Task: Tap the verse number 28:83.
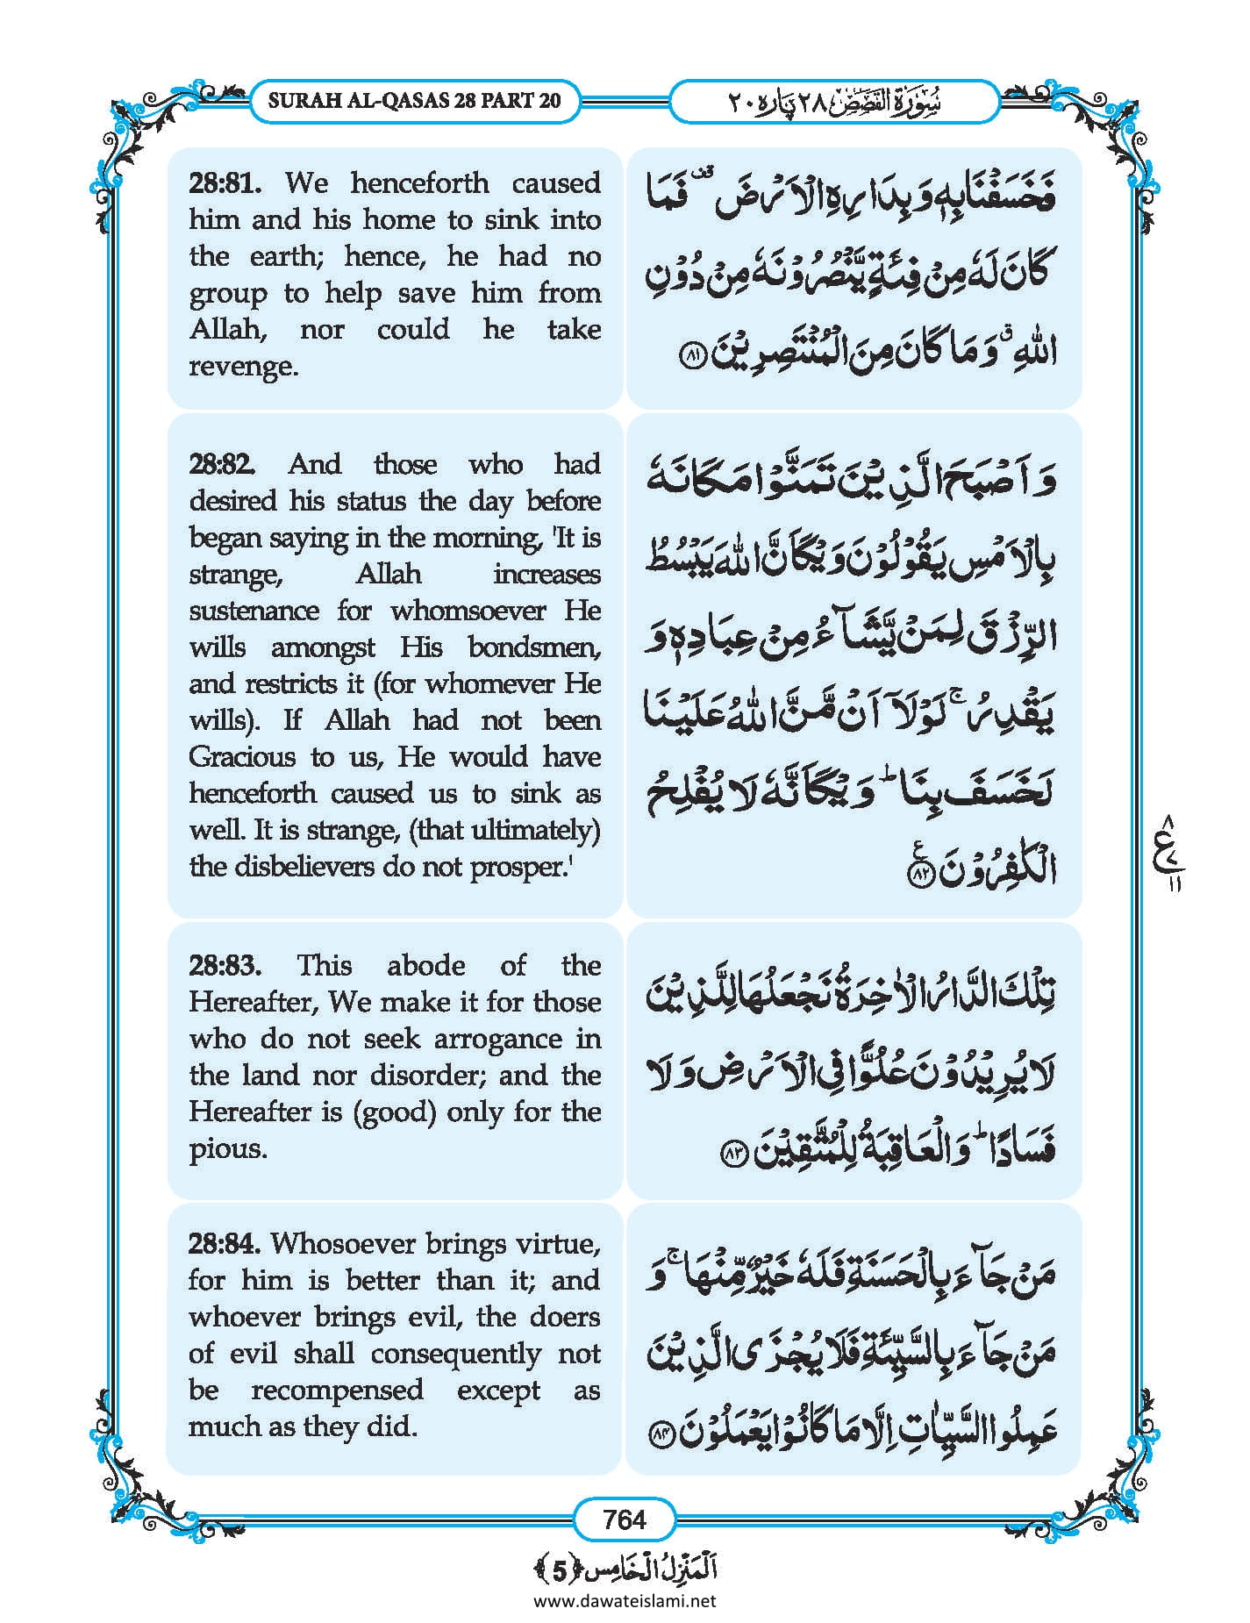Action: (225, 966)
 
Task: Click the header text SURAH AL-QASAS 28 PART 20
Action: (414, 100)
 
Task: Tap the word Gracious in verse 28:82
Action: (242, 757)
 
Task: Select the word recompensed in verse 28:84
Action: (337, 1391)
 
